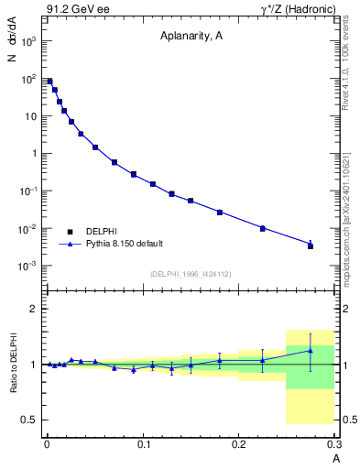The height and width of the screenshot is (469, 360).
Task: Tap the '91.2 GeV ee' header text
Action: (x=76, y=9)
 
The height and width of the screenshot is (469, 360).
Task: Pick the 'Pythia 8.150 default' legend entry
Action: (x=124, y=244)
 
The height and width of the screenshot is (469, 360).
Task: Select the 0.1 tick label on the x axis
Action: (x=143, y=444)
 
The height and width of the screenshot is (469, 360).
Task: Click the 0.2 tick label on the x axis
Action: (x=239, y=444)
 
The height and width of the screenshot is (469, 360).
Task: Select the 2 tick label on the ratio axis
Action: (x=33, y=309)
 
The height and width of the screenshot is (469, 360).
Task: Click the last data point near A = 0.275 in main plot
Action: (x=311, y=245)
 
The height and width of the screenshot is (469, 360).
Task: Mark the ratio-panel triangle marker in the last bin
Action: (x=311, y=350)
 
